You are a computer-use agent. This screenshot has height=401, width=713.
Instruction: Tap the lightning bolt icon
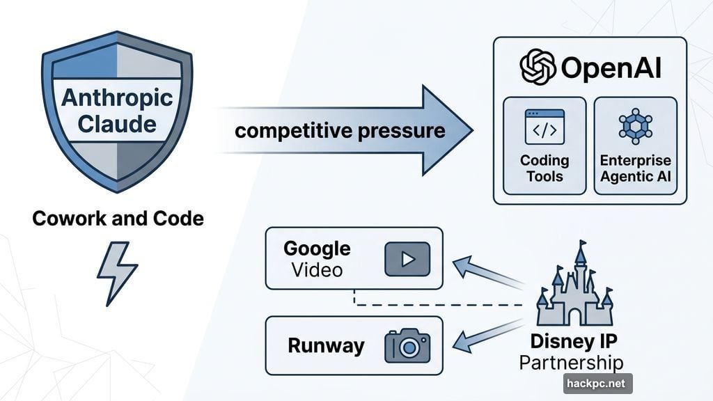pyautogui.click(x=117, y=274)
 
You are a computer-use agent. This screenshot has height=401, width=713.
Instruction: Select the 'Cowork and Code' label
pyautogui.click(x=118, y=219)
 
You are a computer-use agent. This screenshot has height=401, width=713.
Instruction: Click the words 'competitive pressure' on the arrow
pyautogui.click(x=340, y=130)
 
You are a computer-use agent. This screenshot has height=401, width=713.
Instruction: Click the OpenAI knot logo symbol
pyautogui.click(x=538, y=68)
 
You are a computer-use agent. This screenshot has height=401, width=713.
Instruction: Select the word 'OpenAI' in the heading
pyautogui.click(x=610, y=68)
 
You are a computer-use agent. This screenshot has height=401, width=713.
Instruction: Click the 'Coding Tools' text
pyautogui.click(x=544, y=168)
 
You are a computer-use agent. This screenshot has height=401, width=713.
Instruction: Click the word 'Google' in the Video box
pyautogui.click(x=317, y=249)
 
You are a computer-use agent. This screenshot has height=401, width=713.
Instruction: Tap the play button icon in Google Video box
pyautogui.click(x=407, y=259)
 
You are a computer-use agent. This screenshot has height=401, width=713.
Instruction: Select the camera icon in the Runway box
pyautogui.click(x=407, y=346)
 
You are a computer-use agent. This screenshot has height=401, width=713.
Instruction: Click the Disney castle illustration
pyautogui.click(x=574, y=285)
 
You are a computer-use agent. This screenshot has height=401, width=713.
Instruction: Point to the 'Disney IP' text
pyautogui.click(x=574, y=342)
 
